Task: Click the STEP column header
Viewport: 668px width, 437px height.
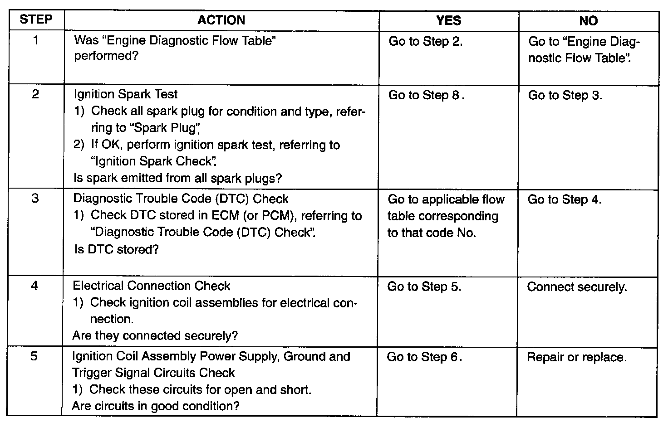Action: pyautogui.click(x=36, y=20)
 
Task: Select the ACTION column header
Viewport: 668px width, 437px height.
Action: pyautogui.click(x=221, y=20)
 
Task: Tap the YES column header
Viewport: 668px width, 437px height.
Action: pyautogui.click(x=448, y=20)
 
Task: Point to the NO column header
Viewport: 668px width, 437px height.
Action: pyautogui.click(x=588, y=21)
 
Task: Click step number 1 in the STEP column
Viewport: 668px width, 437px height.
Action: pyautogui.click(x=36, y=40)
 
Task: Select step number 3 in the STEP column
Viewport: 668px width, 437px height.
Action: pyautogui.click(x=35, y=199)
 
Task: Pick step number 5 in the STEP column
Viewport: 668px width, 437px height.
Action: pyautogui.click(x=34, y=356)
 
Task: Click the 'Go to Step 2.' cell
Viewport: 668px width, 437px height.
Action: pyautogui.click(x=425, y=42)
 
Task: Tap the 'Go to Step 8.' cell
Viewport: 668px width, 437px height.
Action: pyautogui.click(x=426, y=95)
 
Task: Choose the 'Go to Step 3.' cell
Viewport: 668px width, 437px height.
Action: pyautogui.click(x=565, y=95)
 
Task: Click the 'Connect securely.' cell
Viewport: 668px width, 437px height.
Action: pyautogui.click(x=577, y=287)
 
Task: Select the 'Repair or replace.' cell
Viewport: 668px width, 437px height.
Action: pyautogui.click(x=576, y=357)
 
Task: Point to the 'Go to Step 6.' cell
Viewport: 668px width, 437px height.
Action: pyautogui.click(x=424, y=357)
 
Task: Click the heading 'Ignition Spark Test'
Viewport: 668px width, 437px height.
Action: pyautogui.click(x=125, y=94)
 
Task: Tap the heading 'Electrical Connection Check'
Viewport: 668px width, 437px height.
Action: pyautogui.click(x=152, y=286)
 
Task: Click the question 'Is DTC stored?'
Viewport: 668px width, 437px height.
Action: pyautogui.click(x=116, y=249)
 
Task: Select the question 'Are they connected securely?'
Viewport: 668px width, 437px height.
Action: pyautogui.click(x=155, y=336)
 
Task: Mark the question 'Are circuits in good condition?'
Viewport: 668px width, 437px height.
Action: pyautogui.click(x=155, y=406)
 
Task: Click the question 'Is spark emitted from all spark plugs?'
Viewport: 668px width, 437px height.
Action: pyautogui.click(x=177, y=178)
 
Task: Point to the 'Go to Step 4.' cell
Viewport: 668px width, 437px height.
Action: pyautogui.click(x=565, y=199)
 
